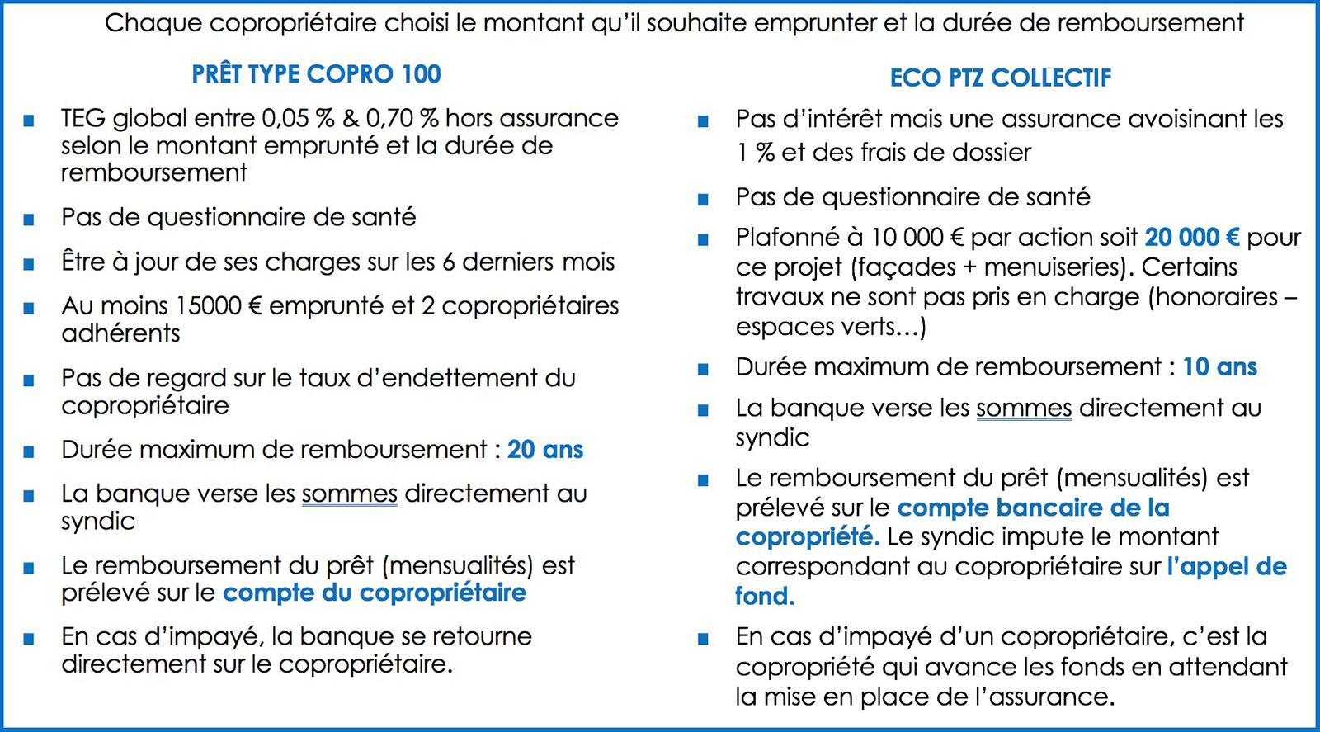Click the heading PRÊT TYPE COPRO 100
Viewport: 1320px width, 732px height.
click(316, 74)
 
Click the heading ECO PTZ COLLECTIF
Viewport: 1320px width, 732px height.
click(1000, 78)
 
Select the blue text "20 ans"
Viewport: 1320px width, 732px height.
click(544, 450)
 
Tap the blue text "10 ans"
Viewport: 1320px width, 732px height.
click(1219, 367)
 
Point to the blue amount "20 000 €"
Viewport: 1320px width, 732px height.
click(1191, 238)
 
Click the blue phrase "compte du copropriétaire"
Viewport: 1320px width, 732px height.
click(374, 593)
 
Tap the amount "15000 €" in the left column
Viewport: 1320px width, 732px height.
click(219, 306)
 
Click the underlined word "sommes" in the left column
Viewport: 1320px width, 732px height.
click(349, 494)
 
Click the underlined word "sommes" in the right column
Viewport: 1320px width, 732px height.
click(1024, 409)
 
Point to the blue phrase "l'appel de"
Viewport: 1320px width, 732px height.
click(1226, 567)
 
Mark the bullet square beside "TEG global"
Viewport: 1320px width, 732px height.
click(29, 120)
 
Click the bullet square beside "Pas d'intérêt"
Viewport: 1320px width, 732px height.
click(703, 121)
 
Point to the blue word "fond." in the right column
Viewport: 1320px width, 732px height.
click(764, 596)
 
